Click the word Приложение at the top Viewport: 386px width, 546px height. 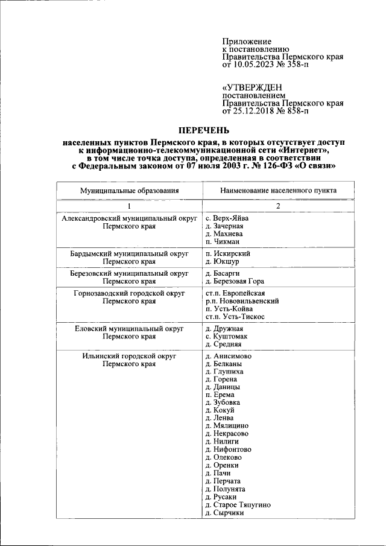pyautogui.click(x=247, y=40)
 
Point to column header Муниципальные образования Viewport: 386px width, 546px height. pyautogui.click(x=130, y=191)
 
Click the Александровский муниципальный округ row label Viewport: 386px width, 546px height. pyautogui.click(x=130, y=218)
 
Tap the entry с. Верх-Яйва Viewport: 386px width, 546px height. pyautogui.click(x=227, y=218)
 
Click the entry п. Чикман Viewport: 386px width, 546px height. pyautogui.click(x=224, y=242)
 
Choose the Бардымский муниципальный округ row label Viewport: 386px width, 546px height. pyautogui.click(x=130, y=254)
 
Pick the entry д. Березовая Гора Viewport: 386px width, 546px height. pyautogui.click(x=235, y=281)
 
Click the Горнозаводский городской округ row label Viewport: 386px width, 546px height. pyautogui.click(x=130, y=293)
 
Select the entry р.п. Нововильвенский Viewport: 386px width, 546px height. pyautogui.click(x=242, y=300)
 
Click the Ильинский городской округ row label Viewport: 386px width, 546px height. pyautogui.click(x=130, y=357)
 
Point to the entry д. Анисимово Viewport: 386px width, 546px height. pyautogui.click(x=229, y=357)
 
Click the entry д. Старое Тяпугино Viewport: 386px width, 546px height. pyautogui.click(x=238, y=504)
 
